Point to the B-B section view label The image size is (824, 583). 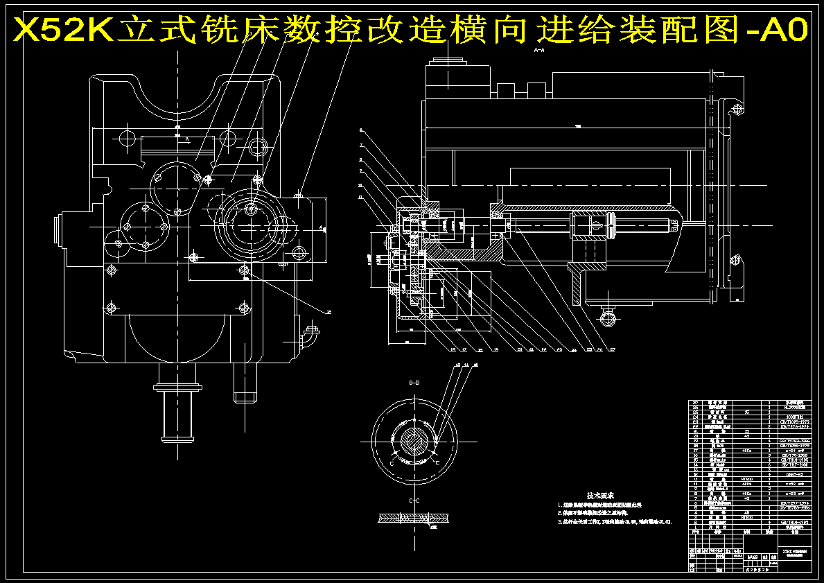pyautogui.click(x=414, y=383)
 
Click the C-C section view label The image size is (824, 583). pyautogui.click(x=414, y=500)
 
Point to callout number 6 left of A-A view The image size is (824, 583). pyautogui.click(x=361, y=130)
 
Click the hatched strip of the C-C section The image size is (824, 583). pyautogui.click(x=414, y=518)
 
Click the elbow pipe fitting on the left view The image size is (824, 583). pyautogui.click(x=309, y=336)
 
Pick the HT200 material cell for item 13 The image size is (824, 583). pyautogui.click(x=746, y=479)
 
